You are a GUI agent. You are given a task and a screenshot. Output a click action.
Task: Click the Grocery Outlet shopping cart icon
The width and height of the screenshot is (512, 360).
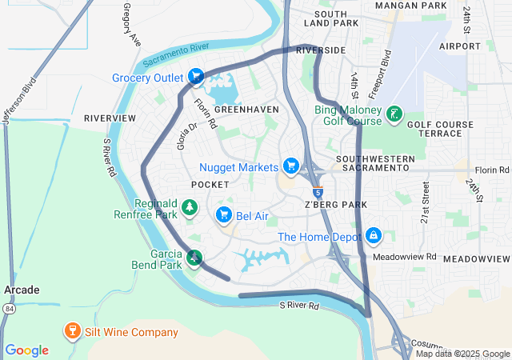click(x=196, y=78)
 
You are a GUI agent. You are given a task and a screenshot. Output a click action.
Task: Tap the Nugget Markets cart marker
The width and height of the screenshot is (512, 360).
click(x=292, y=166)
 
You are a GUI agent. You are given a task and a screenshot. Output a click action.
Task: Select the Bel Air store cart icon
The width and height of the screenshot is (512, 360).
click(x=224, y=214)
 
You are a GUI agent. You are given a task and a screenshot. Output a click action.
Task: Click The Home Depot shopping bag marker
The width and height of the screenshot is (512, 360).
click(x=373, y=236)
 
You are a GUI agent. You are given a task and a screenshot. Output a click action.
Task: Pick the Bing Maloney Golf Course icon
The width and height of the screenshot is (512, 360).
click(x=394, y=114)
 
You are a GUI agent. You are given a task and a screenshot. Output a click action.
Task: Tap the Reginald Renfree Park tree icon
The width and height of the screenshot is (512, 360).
click(x=190, y=209)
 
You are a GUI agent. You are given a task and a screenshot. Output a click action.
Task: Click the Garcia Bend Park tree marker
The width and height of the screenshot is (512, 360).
click(x=194, y=257)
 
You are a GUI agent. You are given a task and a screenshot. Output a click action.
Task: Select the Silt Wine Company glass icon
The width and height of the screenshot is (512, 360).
click(x=71, y=331)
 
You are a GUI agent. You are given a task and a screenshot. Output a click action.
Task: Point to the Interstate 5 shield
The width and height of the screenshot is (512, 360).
click(x=318, y=192)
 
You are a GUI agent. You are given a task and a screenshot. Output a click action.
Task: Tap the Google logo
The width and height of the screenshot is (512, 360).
click(x=26, y=350)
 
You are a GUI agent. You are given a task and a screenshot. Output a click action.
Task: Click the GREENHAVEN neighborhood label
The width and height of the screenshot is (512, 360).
click(x=246, y=109)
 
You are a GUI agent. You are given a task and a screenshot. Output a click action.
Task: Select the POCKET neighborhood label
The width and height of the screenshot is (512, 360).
click(x=210, y=185)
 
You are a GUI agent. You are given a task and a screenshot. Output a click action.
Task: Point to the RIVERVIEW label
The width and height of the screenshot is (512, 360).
click(x=110, y=118)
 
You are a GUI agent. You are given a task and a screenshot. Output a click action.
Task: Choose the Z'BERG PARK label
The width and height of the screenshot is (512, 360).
click(x=335, y=205)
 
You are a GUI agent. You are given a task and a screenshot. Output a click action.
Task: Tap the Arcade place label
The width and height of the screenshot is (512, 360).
click(x=22, y=290)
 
